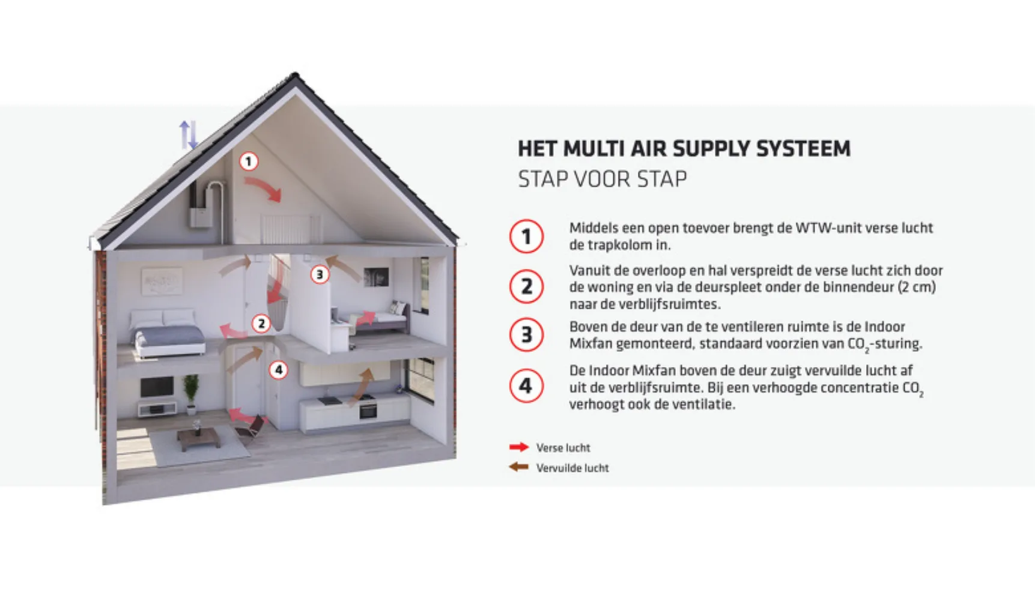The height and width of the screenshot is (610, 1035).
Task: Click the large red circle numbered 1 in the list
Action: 526,236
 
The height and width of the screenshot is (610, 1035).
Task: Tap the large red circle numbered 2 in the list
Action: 526,286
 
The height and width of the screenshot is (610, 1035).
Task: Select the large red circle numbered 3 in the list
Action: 526,334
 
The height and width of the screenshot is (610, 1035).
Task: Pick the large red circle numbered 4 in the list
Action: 526,385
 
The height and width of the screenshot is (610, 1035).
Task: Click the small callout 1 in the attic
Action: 249,162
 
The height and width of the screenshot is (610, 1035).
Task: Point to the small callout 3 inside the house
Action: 320,274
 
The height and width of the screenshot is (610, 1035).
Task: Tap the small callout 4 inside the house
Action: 278,370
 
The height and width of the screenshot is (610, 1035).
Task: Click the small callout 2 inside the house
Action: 261,324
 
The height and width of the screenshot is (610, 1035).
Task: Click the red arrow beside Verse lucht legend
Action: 518,447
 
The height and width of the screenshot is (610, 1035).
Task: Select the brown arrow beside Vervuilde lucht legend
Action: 518,467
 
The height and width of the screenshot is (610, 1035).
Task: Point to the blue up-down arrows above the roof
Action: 188,134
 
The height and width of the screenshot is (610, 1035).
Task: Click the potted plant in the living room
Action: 191,393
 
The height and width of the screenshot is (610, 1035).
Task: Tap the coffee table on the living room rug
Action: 198,438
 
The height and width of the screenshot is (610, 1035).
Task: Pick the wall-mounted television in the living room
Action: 157,387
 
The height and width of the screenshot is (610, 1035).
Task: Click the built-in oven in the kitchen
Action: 368,411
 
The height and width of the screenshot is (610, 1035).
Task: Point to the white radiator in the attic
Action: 290,229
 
